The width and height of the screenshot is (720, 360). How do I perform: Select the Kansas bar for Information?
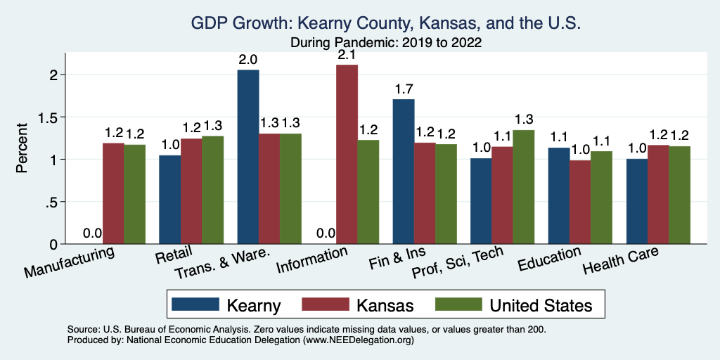347,155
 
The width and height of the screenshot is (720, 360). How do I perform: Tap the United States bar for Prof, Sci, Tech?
524,187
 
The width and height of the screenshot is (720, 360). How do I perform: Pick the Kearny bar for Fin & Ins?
404,172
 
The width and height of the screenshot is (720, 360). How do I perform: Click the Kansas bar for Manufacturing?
113,193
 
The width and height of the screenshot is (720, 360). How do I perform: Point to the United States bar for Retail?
212,190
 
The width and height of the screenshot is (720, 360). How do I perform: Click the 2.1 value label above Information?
347,54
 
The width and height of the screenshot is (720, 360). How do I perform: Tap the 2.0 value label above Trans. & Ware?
248,59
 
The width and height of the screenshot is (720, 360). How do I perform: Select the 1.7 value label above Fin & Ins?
404,89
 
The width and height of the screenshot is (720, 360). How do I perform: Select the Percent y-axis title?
22,148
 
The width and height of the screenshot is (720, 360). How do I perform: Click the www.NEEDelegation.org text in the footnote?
358,340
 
